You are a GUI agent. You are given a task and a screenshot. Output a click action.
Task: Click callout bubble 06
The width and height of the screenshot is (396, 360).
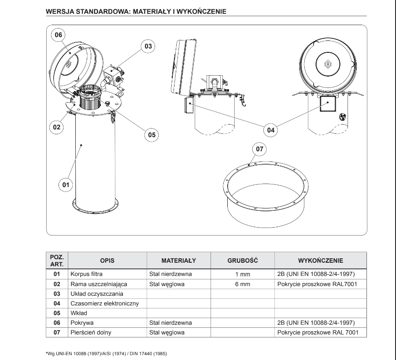(x=59, y=34)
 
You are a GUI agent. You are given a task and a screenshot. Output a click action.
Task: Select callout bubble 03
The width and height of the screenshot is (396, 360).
(x=148, y=46)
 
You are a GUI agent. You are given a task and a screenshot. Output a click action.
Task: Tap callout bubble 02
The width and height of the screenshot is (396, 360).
(x=56, y=127)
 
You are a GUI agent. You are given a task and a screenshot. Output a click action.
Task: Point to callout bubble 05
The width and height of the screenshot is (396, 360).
(x=152, y=135)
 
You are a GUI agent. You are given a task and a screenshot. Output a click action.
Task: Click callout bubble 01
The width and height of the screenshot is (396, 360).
(x=65, y=185)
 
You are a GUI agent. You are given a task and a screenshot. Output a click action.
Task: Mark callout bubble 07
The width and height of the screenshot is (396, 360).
(x=259, y=149)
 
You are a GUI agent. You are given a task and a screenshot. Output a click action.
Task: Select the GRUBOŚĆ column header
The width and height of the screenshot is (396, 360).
(x=242, y=260)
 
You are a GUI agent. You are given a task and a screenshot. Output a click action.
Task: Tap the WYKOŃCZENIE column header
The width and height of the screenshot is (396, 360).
(x=320, y=260)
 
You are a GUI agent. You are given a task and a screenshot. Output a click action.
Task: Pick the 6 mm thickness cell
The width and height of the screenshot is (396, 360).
(x=242, y=284)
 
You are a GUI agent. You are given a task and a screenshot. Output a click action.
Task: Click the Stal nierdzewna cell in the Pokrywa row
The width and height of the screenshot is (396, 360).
(x=170, y=323)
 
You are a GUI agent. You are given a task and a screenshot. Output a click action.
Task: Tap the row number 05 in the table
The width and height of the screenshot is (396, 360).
(x=56, y=313)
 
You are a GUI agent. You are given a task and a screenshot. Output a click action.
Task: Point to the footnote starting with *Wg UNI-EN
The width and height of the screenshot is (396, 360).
(x=106, y=353)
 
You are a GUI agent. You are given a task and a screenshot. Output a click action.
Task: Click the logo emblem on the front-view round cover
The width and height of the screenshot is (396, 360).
(x=327, y=64)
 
